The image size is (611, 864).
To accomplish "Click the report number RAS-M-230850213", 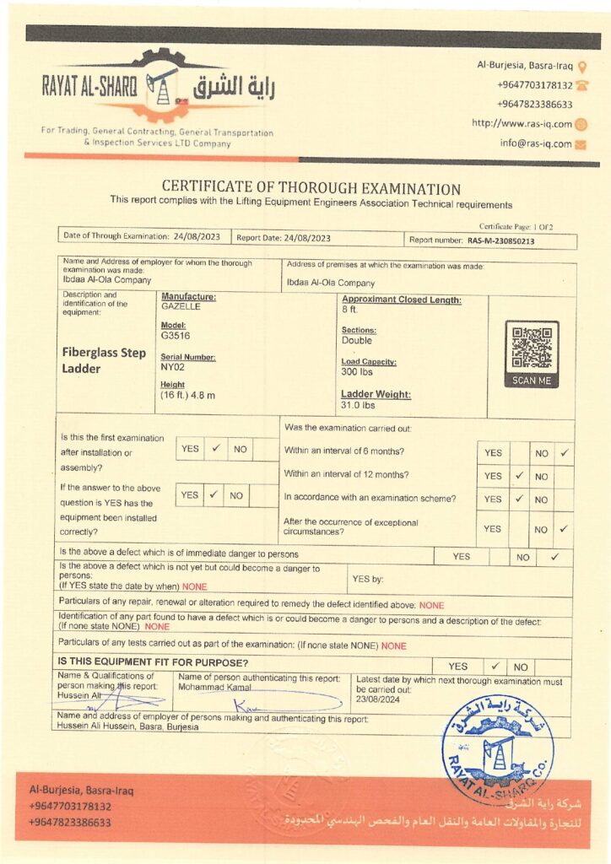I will click(x=500, y=240).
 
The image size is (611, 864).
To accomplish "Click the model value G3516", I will click(x=176, y=336).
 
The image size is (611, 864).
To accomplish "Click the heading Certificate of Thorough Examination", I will click(x=311, y=189).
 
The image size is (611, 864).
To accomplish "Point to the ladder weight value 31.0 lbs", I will click(x=359, y=405).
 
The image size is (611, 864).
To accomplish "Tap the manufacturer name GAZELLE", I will click(x=180, y=306).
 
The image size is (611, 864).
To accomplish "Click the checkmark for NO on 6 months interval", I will click(x=565, y=453).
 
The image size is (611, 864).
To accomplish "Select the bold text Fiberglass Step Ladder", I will click(x=104, y=360).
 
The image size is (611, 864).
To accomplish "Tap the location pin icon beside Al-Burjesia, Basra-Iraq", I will click(x=582, y=67).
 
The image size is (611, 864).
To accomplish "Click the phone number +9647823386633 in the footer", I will click(x=70, y=822).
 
